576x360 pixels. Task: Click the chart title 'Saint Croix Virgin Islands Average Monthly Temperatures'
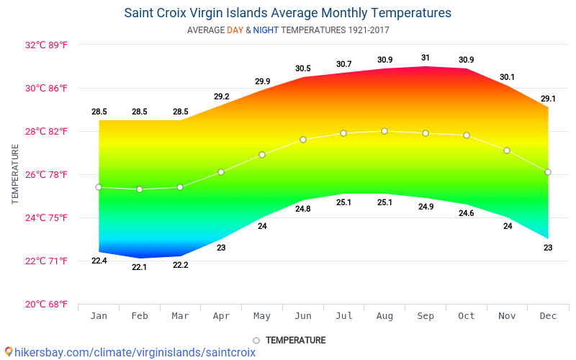pyautogui.click(x=288, y=13)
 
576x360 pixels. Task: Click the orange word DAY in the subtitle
pyautogui.click(x=235, y=30)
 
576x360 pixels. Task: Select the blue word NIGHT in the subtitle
pyautogui.click(x=266, y=30)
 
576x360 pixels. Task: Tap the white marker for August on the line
pyautogui.click(x=384, y=131)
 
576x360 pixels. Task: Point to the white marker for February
pyautogui.click(x=140, y=189)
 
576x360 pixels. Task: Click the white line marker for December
pyautogui.click(x=548, y=172)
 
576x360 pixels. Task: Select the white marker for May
pyautogui.click(x=262, y=155)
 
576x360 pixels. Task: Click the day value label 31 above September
pyautogui.click(x=426, y=58)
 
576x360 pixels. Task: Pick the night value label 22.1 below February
pyautogui.click(x=140, y=268)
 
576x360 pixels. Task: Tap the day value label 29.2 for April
pyautogui.click(x=221, y=96)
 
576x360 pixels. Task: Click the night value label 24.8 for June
pyautogui.click(x=303, y=210)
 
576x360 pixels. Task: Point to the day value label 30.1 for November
pyautogui.click(x=507, y=77)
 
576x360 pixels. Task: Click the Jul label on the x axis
pyautogui.click(x=343, y=316)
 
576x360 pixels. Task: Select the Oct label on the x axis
pyautogui.click(x=467, y=316)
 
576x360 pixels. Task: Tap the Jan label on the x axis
pyautogui.click(x=99, y=316)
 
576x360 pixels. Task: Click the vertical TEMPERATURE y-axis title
pyautogui.click(x=15, y=174)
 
